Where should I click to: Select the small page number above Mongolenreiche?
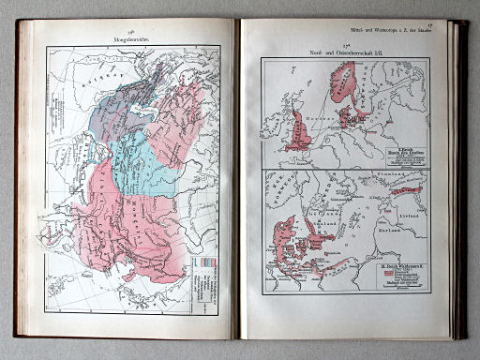pos(130,35)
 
